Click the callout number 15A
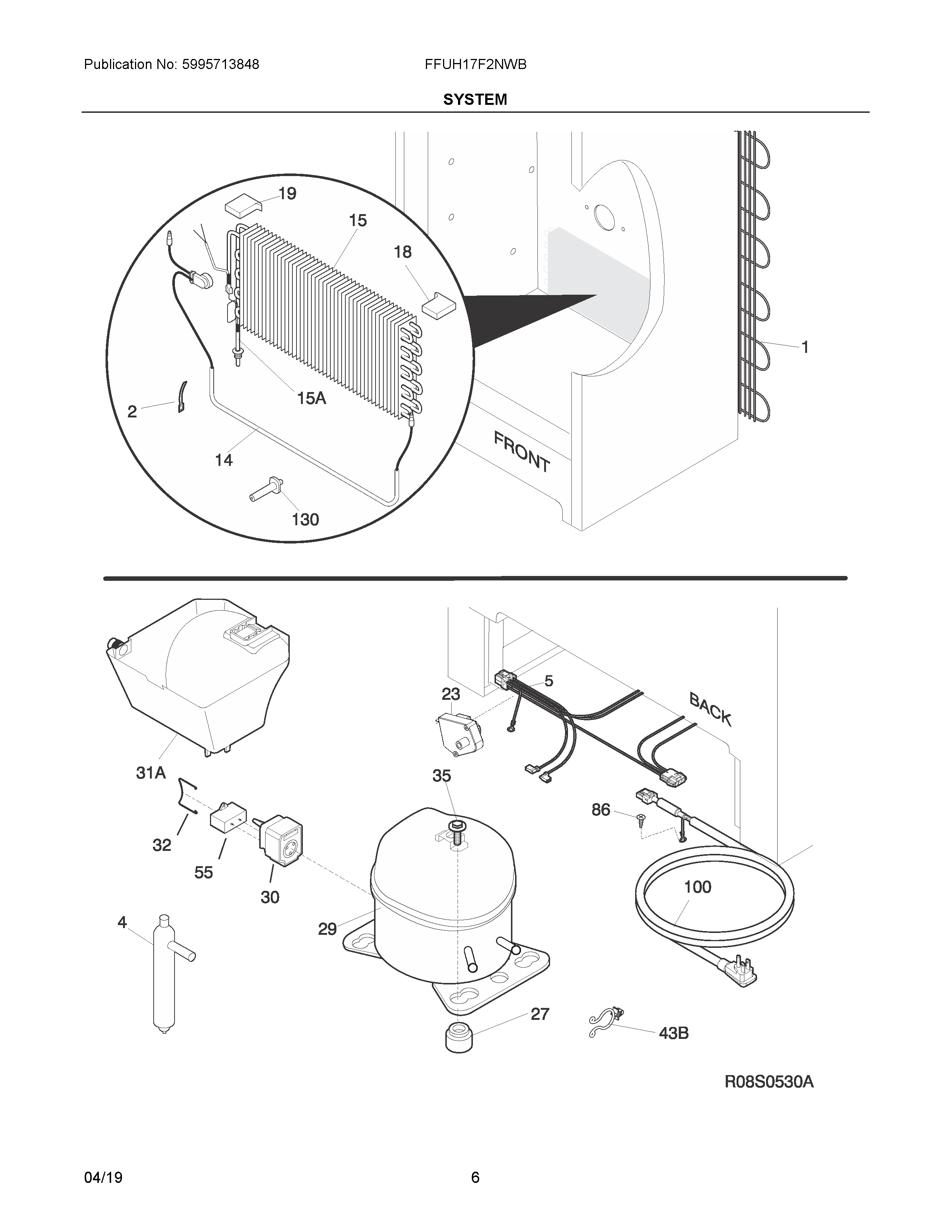point(311,398)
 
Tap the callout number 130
point(305,519)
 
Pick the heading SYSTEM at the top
point(475,100)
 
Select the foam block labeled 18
point(440,306)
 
